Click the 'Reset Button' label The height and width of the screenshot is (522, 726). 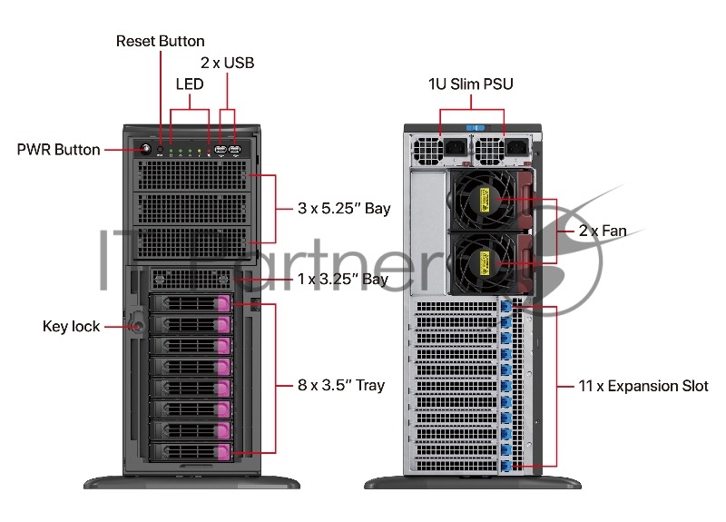click(161, 41)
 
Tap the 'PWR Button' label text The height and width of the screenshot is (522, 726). click(58, 150)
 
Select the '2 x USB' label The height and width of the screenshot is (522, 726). click(227, 64)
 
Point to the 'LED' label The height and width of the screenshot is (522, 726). click(189, 84)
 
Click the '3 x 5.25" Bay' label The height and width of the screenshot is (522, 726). click(344, 209)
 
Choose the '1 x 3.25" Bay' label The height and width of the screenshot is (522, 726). click(343, 279)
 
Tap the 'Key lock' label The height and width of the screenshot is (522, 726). click(72, 326)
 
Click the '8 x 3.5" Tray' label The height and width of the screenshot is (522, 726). click(341, 385)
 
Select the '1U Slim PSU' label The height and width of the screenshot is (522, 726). click(471, 84)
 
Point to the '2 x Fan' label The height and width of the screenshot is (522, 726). click(603, 231)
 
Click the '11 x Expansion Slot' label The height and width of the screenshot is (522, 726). click(643, 386)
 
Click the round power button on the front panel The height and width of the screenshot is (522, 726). click(143, 149)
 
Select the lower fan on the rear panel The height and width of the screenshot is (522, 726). click(485, 263)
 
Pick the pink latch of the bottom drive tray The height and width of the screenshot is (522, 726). click(223, 451)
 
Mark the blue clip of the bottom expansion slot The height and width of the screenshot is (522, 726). click(506, 466)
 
